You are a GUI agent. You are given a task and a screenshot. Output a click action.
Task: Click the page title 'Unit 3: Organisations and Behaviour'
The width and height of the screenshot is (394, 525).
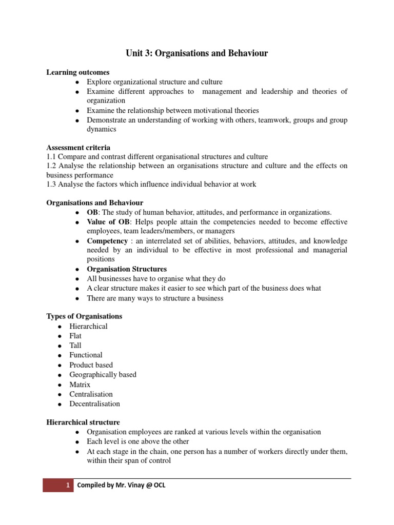(x=197, y=53)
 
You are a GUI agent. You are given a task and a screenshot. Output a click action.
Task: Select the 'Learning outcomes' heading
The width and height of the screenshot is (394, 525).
(x=78, y=72)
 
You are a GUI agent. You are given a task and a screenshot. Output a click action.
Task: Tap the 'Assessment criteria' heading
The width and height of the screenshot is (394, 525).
(x=78, y=147)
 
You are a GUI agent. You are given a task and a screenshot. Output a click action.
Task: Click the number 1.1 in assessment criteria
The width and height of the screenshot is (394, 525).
(x=52, y=156)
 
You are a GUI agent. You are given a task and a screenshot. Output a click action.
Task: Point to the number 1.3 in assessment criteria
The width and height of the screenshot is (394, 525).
(x=52, y=184)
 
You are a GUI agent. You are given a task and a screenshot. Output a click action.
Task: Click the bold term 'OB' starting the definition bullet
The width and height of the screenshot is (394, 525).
(x=92, y=212)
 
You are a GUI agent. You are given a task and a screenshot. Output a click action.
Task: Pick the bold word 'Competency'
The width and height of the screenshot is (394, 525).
(x=105, y=240)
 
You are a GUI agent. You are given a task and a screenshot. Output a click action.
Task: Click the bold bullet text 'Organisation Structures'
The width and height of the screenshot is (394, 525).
(x=127, y=269)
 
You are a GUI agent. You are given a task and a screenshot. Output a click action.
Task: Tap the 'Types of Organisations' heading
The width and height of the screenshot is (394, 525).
(x=84, y=316)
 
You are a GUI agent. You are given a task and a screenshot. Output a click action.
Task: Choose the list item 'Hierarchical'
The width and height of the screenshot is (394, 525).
(x=89, y=326)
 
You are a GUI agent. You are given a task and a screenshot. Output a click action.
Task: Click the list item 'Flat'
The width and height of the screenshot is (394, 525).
(x=75, y=336)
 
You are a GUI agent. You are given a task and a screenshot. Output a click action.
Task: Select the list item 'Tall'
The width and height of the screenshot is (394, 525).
(x=75, y=346)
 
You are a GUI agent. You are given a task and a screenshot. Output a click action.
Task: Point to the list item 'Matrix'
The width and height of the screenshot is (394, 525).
(x=80, y=384)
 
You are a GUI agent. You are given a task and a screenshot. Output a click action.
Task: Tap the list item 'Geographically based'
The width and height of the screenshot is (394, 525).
(x=103, y=374)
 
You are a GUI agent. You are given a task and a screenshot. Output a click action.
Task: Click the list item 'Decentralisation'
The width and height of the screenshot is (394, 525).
(x=95, y=403)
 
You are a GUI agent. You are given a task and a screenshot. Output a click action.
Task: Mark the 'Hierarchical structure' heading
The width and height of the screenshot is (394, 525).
(x=83, y=422)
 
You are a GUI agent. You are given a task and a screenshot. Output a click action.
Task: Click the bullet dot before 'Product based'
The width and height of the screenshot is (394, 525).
(x=60, y=366)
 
